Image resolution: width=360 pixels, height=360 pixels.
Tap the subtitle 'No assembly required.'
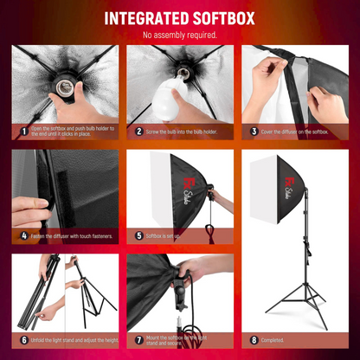click(179, 35)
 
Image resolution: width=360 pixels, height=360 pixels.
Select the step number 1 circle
click(22, 132)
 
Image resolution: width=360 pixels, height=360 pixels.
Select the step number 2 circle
click(138, 132)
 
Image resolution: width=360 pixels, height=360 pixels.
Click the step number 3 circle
click(254, 132)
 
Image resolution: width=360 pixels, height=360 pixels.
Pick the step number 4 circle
click(22, 235)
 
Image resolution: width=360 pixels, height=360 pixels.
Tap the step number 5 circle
click(138, 235)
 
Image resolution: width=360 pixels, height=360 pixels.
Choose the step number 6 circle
click(22, 340)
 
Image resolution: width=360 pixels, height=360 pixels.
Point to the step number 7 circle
click(138, 340)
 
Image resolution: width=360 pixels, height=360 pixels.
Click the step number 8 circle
click(254, 340)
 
